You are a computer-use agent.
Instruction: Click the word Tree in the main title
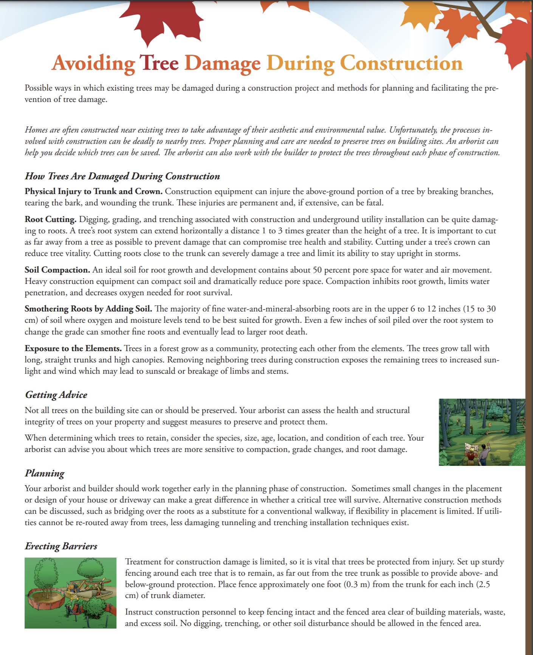(159, 63)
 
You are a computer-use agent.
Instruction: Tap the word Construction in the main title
(401, 63)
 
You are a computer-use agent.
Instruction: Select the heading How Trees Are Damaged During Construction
(122, 176)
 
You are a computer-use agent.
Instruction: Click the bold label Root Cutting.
(51, 219)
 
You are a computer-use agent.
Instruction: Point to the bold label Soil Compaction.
(57, 270)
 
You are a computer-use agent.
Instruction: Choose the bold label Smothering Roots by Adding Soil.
(88, 309)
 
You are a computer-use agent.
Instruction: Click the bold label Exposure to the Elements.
(73, 348)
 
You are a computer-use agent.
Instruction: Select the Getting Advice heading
(56, 395)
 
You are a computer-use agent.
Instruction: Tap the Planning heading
(45, 473)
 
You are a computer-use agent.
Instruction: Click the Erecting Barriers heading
(61, 546)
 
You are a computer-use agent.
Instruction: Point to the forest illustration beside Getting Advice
(482, 432)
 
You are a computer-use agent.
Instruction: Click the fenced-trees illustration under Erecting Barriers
(70, 593)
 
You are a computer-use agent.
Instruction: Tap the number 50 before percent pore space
(317, 270)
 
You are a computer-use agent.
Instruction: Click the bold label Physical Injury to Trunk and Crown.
(93, 191)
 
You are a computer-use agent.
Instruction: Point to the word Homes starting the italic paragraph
(36, 130)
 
